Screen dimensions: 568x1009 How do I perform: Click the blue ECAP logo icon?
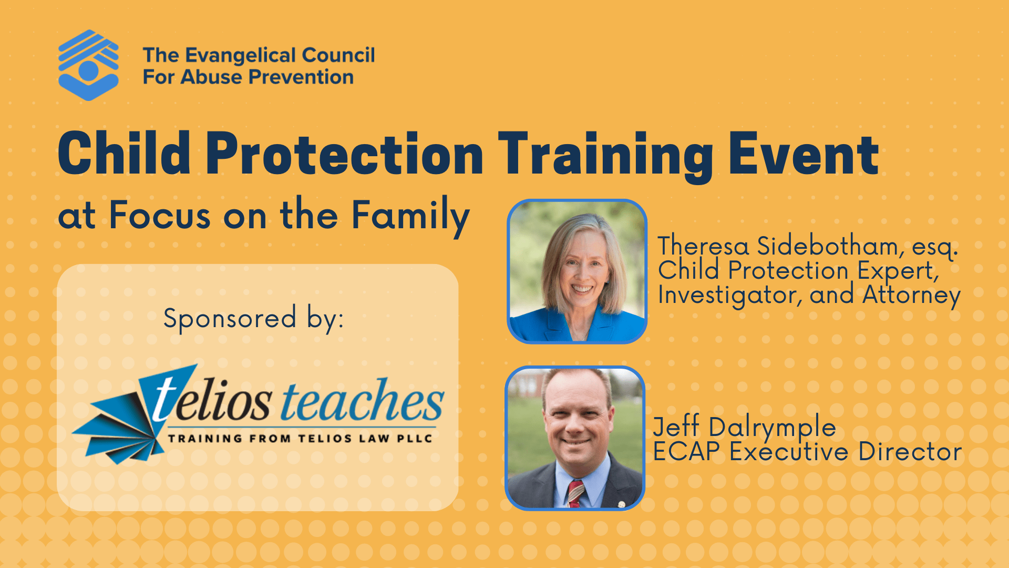coord(88,65)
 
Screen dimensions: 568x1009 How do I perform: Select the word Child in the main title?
coord(124,154)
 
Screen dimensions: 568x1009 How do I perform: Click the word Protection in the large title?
coord(344,154)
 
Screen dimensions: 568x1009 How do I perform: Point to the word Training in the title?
coord(604,154)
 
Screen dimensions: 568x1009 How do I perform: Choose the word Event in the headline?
coord(804,154)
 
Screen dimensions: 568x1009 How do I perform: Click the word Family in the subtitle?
coord(410,216)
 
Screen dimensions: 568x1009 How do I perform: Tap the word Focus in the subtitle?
coord(160,216)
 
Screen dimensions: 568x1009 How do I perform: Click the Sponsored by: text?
coord(253,318)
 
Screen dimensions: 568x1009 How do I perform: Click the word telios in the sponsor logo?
coord(210,402)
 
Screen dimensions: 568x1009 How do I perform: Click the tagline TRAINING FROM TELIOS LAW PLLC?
coord(300,438)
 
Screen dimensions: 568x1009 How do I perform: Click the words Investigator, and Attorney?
coord(809,295)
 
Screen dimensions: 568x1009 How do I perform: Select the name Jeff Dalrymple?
coord(744,427)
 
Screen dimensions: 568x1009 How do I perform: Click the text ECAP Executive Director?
coord(807,452)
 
